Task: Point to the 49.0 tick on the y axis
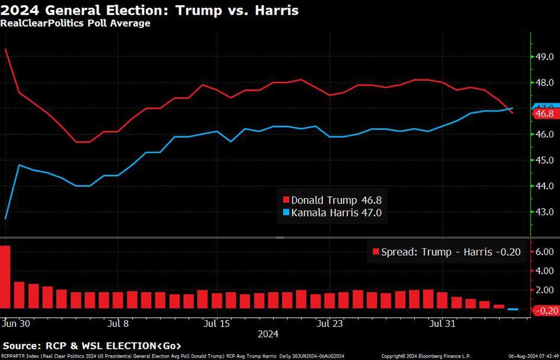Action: tap(544, 57)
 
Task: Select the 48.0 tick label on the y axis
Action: tap(544, 82)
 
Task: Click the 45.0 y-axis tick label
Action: tap(544, 160)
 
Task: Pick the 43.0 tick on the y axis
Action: tap(544, 212)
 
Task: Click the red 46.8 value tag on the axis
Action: tap(543, 113)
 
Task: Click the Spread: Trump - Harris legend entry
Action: tap(445, 252)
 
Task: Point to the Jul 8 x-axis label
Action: tap(119, 324)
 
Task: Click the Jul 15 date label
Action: tap(216, 324)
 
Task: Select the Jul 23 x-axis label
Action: tap(329, 324)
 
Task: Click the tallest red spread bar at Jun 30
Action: tap(5, 277)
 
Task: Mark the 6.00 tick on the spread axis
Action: tap(544, 251)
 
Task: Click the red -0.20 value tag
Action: tap(544, 310)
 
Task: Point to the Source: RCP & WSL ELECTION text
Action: tap(92, 346)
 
